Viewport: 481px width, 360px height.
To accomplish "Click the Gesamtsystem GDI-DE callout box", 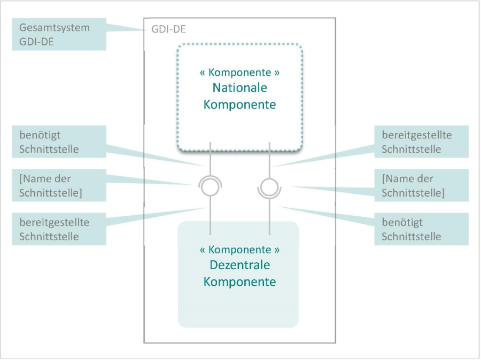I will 59,35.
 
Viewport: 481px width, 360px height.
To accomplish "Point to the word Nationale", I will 239,88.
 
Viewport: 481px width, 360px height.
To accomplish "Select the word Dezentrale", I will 239,265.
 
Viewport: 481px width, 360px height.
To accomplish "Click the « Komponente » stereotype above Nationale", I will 239,72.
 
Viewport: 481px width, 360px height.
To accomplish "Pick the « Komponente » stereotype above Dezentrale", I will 239,249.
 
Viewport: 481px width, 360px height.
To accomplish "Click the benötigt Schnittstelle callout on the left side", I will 59,142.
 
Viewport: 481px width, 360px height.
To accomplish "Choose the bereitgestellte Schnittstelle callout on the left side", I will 59,229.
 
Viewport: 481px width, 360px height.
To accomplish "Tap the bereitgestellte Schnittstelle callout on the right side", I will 422,142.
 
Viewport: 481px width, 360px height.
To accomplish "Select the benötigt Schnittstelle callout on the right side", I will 422,229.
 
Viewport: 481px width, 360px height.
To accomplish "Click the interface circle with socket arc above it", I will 211,187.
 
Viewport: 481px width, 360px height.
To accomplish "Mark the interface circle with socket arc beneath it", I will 269,187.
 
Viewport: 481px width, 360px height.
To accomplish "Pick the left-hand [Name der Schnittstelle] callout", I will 59,185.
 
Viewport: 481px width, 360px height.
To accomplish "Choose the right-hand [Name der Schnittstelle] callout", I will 422,185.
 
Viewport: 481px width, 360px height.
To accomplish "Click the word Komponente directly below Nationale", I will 239,105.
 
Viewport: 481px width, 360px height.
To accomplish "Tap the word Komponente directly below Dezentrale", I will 239,281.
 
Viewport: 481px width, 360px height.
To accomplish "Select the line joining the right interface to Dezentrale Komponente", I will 269,216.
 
